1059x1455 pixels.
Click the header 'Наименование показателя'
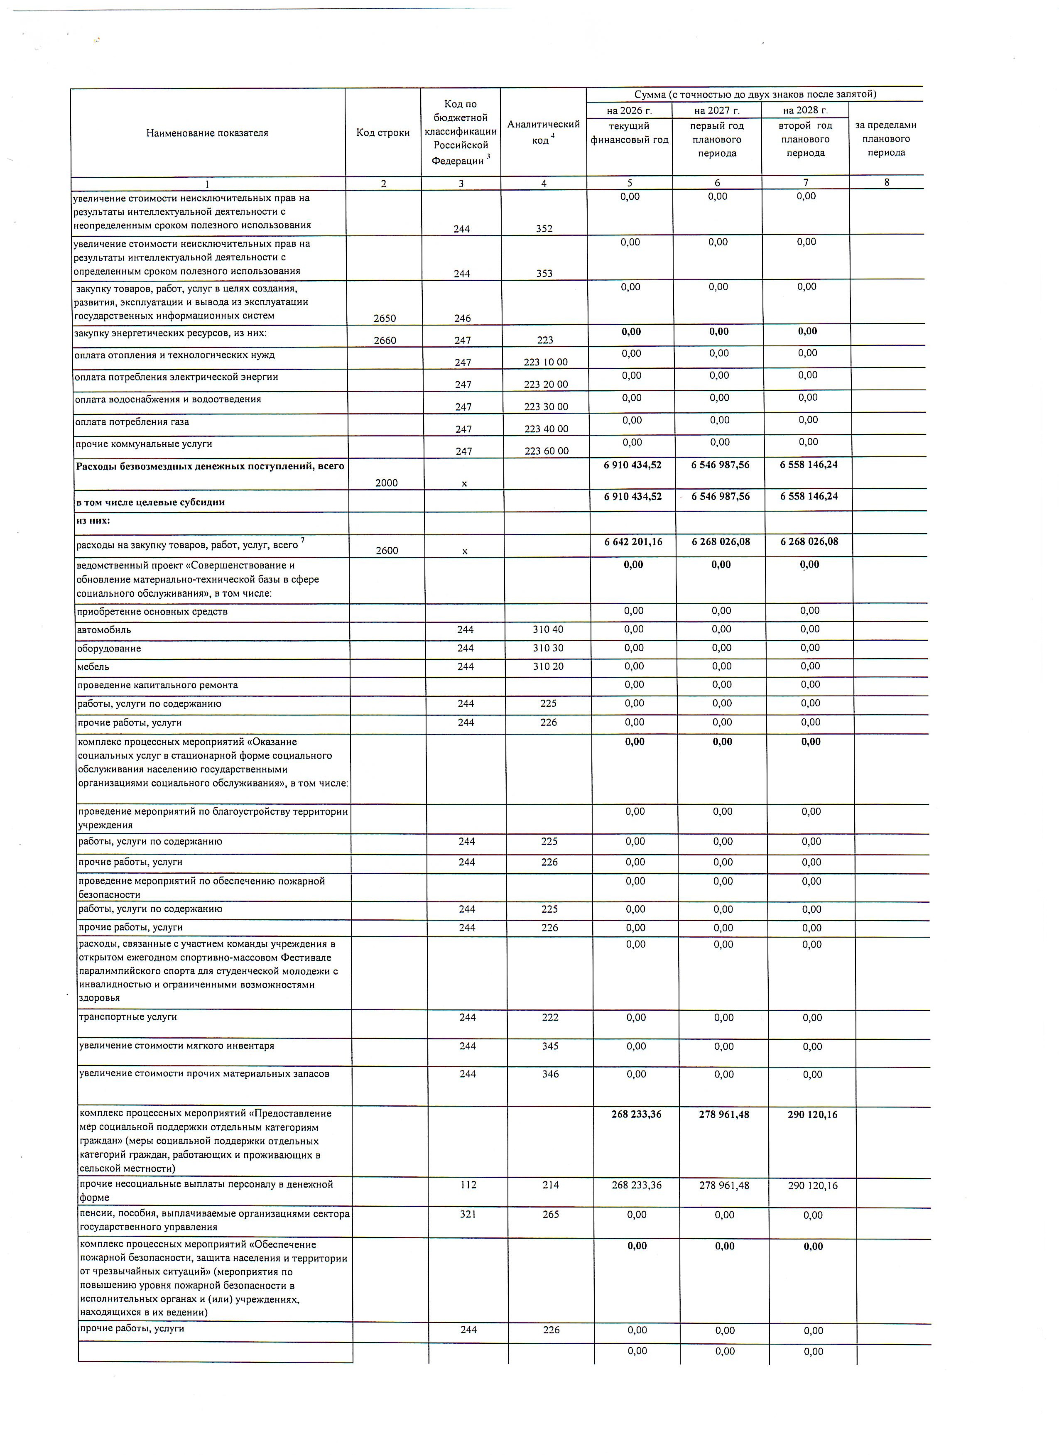(207, 133)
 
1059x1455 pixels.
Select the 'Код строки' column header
(383, 133)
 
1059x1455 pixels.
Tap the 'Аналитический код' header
(543, 132)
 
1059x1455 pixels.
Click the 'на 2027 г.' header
(717, 110)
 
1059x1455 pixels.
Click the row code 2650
(385, 318)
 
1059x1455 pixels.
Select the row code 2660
(385, 340)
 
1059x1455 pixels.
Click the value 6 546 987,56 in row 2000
(720, 465)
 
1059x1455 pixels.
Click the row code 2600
(387, 551)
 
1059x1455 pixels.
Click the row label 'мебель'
(93, 666)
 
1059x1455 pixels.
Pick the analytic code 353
(544, 273)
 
